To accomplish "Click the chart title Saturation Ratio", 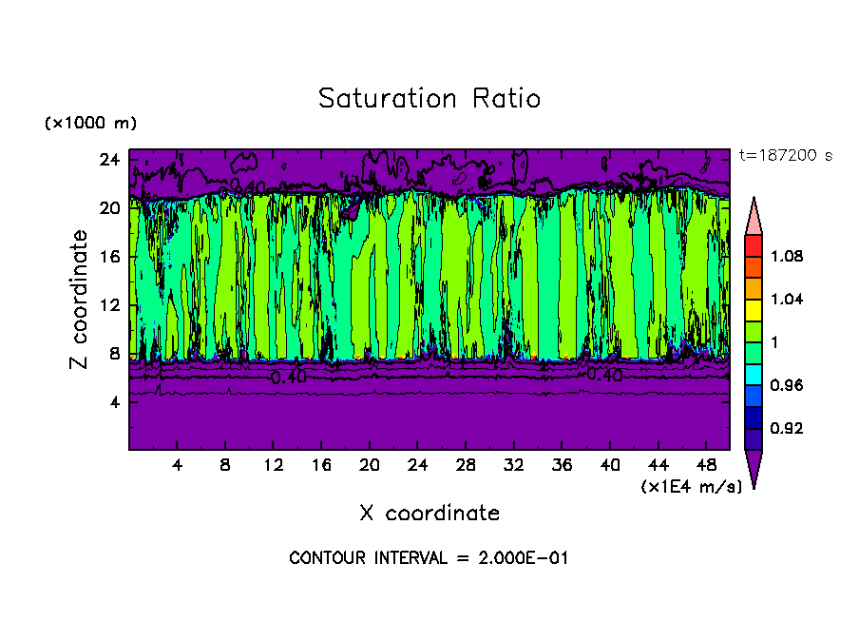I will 429,99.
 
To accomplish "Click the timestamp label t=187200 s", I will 785,155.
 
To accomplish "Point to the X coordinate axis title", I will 429,514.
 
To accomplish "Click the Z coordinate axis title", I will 80,300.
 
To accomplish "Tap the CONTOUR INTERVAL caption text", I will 429,558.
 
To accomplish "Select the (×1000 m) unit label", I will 90,124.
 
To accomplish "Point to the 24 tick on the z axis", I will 111,159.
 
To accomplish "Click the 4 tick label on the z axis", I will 117,401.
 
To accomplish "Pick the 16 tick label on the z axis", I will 111,256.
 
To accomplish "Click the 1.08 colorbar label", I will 786,257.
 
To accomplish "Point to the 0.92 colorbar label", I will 786,429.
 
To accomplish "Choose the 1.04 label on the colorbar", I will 786,300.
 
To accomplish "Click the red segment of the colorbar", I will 754,245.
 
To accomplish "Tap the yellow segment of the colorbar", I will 754,309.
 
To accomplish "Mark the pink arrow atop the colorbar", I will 754,215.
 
